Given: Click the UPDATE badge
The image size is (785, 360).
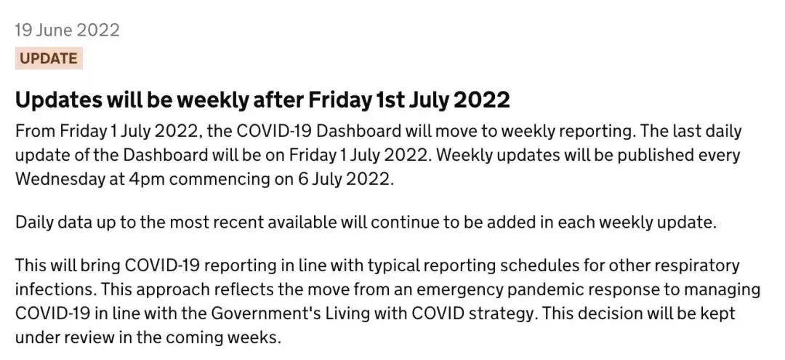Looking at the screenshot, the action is point(49,59).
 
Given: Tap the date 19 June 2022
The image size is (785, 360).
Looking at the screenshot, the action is point(67,30).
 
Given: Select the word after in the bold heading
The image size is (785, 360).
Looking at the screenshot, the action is point(277,100).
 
